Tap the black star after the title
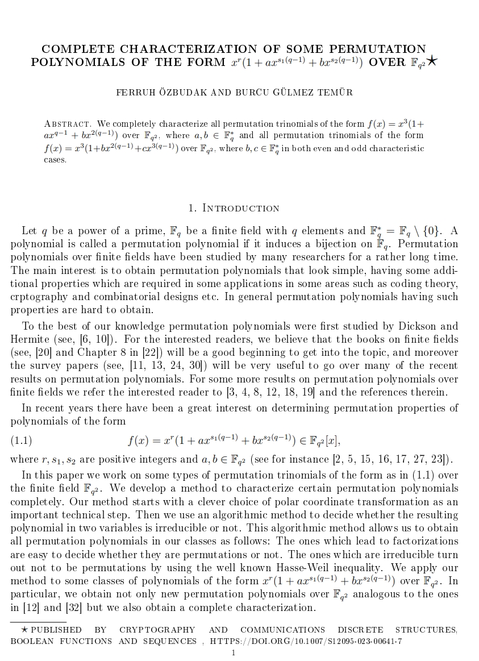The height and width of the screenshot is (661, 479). click(432, 61)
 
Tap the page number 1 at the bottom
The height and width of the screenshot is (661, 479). click(233, 652)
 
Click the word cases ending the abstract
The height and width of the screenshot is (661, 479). click(55, 160)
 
